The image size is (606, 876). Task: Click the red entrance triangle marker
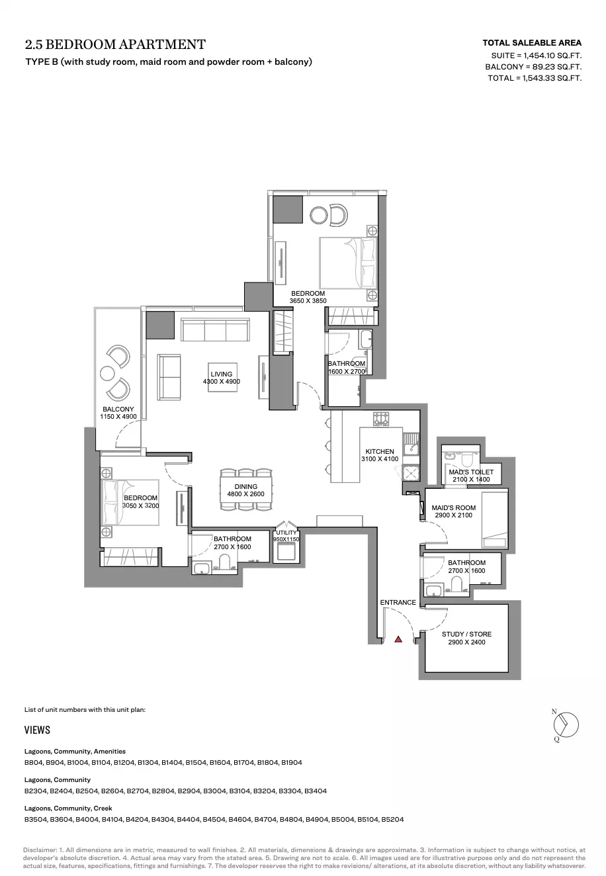click(x=398, y=639)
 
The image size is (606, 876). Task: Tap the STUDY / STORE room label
click(x=466, y=634)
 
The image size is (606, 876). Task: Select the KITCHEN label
click(x=380, y=451)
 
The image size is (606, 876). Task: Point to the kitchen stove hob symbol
click(x=381, y=418)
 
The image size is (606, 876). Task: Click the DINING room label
click(x=245, y=486)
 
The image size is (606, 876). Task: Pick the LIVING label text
click(x=221, y=374)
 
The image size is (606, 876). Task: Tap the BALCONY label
click(x=118, y=409)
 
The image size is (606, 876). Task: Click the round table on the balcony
click(x=107, y=373)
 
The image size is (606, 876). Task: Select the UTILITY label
click(x=286, y=533)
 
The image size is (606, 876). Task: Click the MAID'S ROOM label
click(x=454, y=507)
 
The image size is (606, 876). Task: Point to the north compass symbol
click(x=566, y=724)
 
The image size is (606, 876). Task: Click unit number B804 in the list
click(x=33, y=762)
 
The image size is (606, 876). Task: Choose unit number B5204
click(x=392, y=819)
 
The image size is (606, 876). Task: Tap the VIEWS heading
click(x=37, y=730)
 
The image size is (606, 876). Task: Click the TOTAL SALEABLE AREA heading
click(x=532, y=42)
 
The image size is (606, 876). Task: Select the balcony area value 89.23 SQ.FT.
click(x=557, y=67)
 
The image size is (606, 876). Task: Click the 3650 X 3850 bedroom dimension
click(x=308, y=301)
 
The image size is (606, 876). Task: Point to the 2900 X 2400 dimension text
click(x=466, y=642)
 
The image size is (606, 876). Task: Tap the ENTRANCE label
click(x=398, y=602)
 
